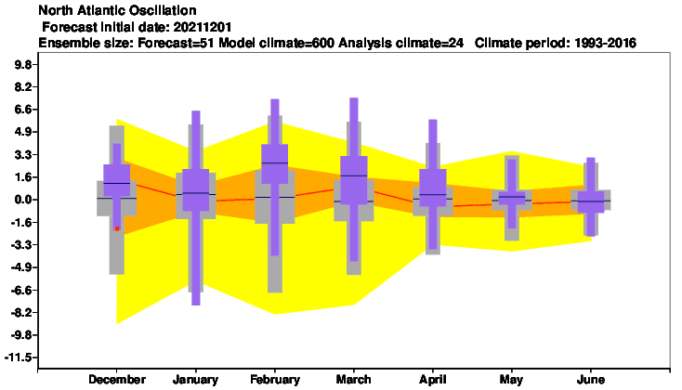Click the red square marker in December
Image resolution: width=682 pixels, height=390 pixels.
(x=117, y=228)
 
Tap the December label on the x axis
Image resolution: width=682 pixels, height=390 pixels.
(x=117, y=380)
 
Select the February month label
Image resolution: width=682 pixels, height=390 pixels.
(x=275, y=380)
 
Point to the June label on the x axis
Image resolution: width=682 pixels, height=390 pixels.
(x=591, y=380)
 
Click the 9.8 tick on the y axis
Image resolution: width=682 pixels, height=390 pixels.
(x=22, y=65)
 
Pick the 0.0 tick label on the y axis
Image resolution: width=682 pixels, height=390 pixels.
(x=22, y=200)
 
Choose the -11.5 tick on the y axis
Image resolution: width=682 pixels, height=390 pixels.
(x=19, y=357)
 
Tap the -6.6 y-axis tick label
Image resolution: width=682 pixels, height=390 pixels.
(x=20, y=290)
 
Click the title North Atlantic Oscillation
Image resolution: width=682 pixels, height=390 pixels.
(x=117, y=10)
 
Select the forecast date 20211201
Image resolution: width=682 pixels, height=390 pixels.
(x=203, y=27)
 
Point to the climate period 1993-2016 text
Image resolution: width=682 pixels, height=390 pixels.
(x=605, y=43)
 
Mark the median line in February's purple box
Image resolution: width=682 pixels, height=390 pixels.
(x=275, y=162)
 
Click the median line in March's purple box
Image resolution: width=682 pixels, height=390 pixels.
(x=354, y=175)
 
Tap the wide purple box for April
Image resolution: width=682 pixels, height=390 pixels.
(x=433, y=188)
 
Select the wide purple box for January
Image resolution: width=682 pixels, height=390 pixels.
(x=196, y=189)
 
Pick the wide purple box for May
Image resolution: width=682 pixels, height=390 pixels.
(x=512, y=198)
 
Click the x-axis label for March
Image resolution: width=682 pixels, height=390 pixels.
(x=354, y=380)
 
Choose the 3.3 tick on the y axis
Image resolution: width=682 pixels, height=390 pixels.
(x=22, y=155)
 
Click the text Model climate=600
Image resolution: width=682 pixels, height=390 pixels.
(x=276, y=43)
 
